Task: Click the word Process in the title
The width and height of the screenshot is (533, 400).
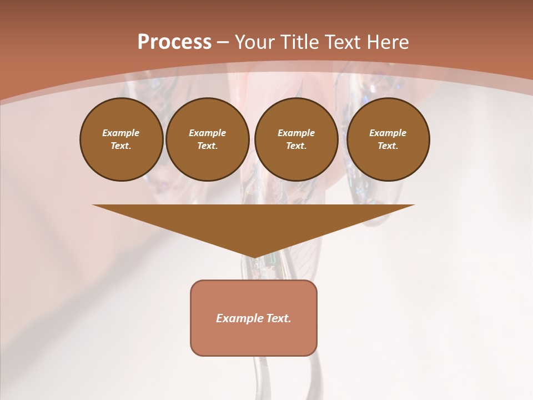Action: (x=174, y=42)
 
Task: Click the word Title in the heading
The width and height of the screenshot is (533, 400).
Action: (x=300, y=42)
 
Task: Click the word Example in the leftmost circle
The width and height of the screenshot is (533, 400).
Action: (x=121, y=133)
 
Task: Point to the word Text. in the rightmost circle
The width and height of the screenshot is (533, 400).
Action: (x=388, y=146)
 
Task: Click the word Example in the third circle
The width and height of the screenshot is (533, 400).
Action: (x=296, y=133)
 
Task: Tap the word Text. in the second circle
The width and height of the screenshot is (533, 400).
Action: (x=208, y=146)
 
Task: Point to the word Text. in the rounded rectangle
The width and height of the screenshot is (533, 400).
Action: (x=278, y=318)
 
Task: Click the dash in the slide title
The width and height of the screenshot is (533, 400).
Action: (x=223, y=43)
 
